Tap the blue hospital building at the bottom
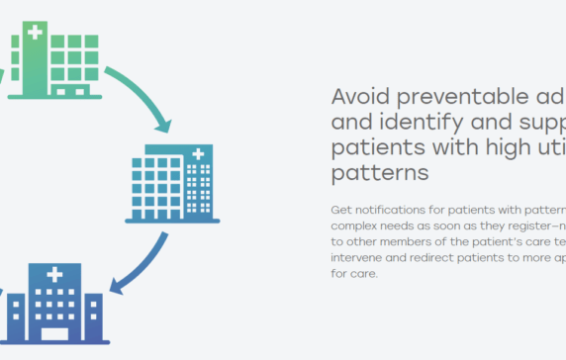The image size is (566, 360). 54,304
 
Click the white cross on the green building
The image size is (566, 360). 35,33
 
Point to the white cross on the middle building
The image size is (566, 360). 199,155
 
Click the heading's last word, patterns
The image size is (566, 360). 379,172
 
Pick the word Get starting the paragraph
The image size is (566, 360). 339,210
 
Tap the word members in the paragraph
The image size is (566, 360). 409,241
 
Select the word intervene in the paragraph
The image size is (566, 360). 356,257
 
